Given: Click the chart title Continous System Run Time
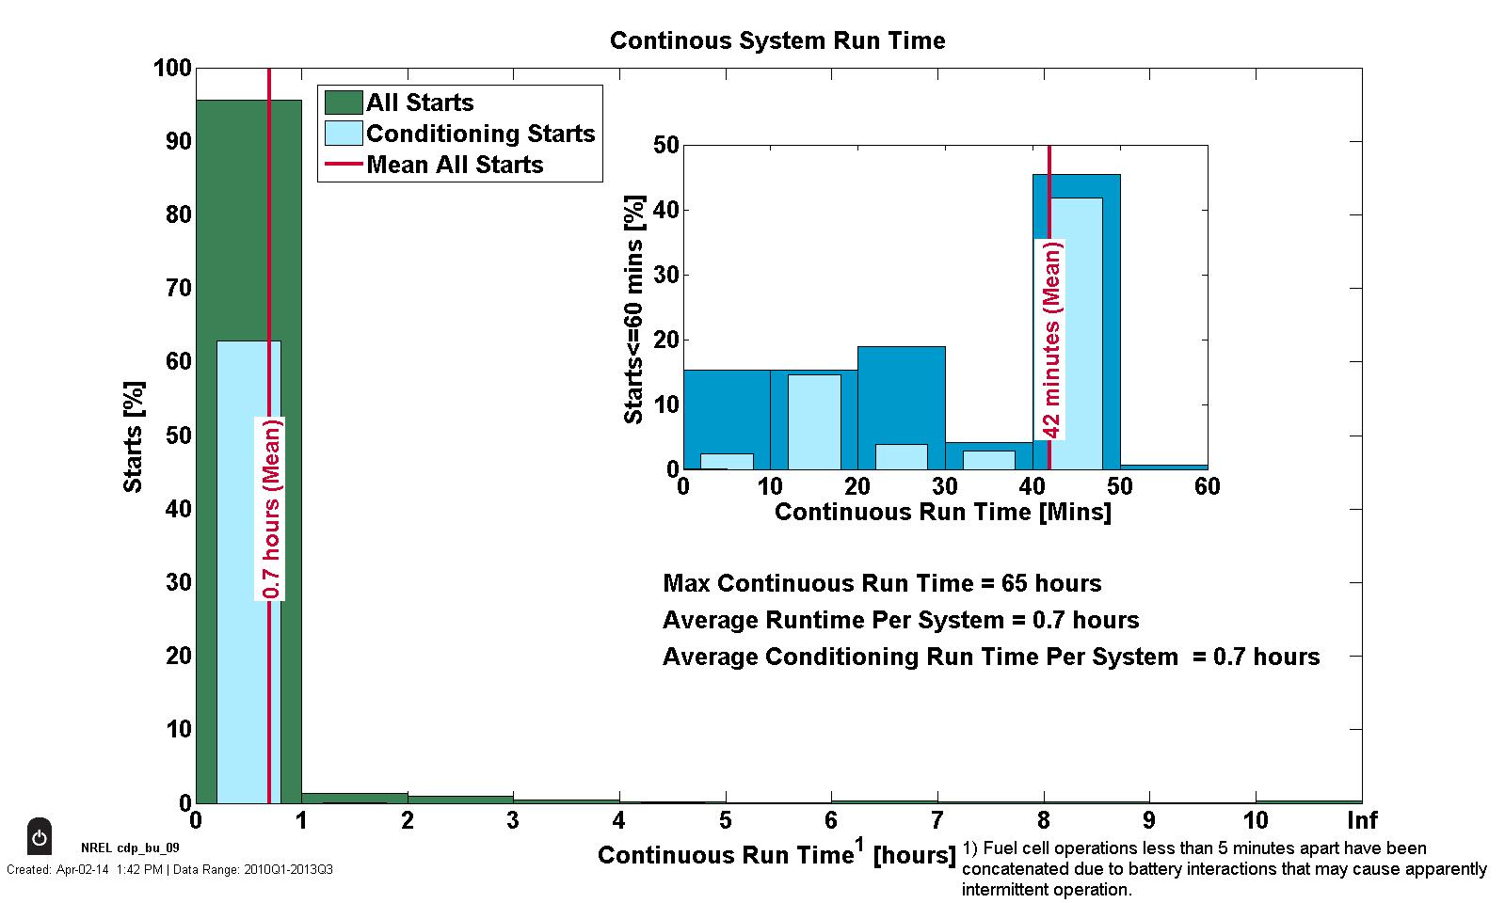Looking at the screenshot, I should click(x=777, y=40).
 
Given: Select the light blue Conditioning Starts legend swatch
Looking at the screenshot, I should click(x=344, y=133).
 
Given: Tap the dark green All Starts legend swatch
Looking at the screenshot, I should click(x=344, y=102).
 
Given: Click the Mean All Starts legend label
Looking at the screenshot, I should click(x=455, y=165).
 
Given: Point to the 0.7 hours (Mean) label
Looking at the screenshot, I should click(x=271, y=508).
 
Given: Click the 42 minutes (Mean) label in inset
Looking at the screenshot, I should click(x=1051, y=340).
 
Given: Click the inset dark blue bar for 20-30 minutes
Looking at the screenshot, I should click(x=901, y=395).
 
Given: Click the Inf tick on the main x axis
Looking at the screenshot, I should click(x=1361, y=819).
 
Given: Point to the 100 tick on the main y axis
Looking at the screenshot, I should click(x=172, y=69).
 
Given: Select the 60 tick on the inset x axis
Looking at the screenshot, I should click(x=1207, y=485).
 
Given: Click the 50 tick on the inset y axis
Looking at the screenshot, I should click(x=666, y=145).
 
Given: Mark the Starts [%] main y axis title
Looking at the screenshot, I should click(x=134, y=436).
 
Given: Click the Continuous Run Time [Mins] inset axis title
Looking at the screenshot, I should click(x=942, y=512).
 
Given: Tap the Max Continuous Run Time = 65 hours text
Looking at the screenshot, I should click(x=882, y=583).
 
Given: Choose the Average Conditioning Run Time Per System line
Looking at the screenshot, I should click(x=990, y=657).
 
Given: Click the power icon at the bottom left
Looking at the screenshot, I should click(x=39, y=836).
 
